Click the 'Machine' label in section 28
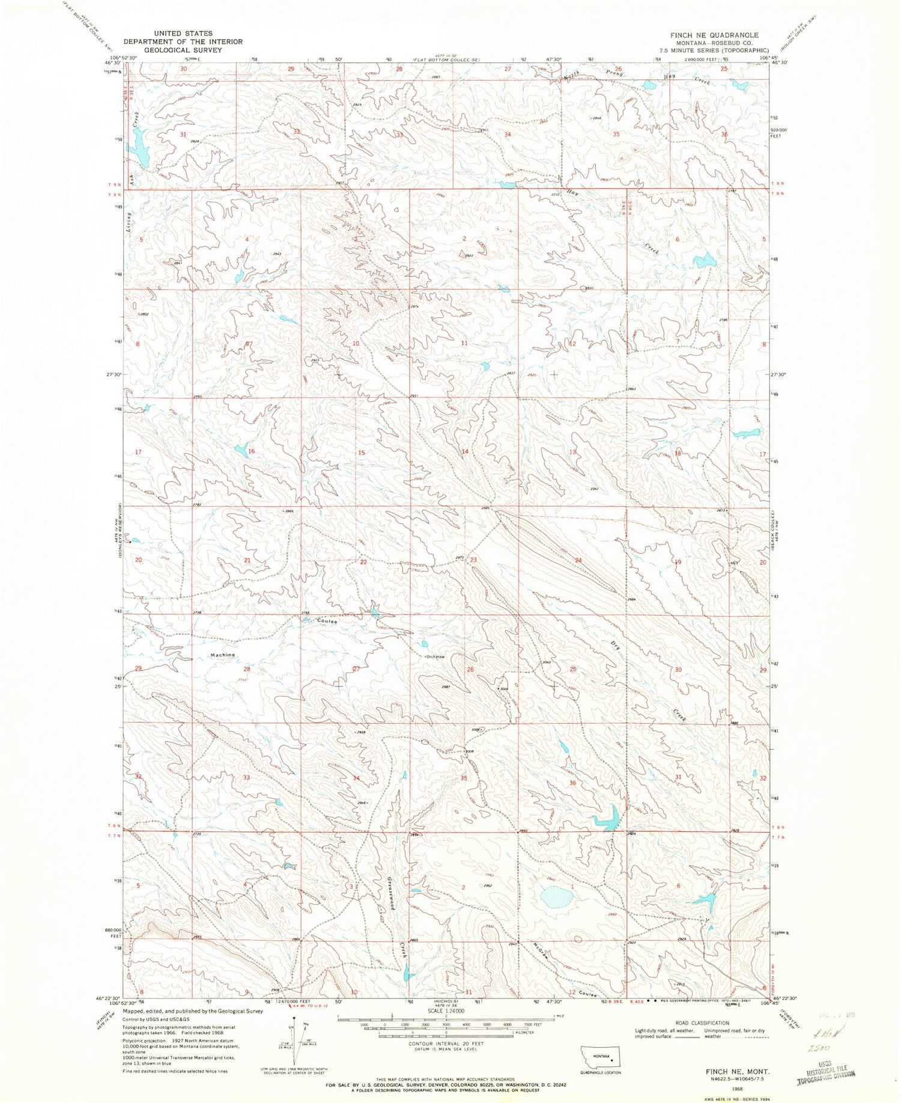point(222,655)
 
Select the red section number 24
point(578,560)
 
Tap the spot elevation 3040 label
point(546,662)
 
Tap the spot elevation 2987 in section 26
point(446,686)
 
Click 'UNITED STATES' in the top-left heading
point(183,34)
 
